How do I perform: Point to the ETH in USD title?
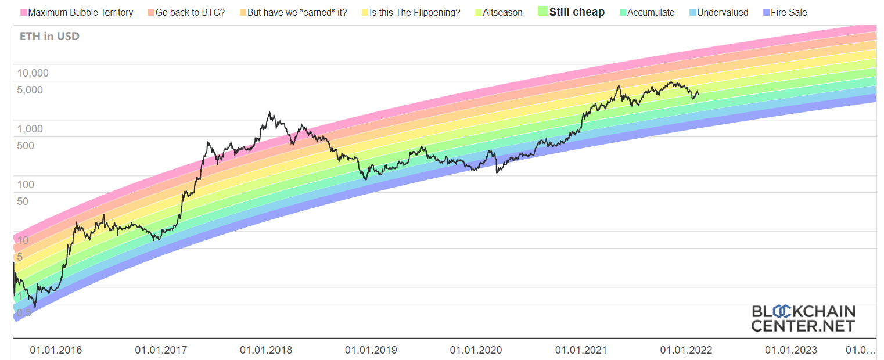(x=49, y=36)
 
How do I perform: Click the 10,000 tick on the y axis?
(x=33, y=73)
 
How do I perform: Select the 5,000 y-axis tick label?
(x=30, y=90)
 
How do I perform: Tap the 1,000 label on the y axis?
(x=30, y=129)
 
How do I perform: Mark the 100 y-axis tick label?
(x=26, y=185)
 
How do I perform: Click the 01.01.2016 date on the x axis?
(x=56, y=350)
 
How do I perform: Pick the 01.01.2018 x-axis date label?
(x=266, y=350)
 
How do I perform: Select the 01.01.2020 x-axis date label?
(x=476, y=350)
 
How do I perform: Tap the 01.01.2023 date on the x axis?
(x=790, y=350)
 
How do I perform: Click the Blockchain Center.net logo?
(x=803, y=318)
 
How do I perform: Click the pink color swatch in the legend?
(x=24, y=12)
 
